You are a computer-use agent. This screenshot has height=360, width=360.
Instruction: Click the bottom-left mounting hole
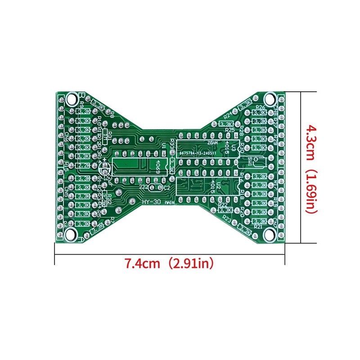point(71,234)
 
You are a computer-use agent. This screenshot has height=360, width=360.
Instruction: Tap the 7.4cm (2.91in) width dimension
point(169,263)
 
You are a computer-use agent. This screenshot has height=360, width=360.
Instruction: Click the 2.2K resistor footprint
point(83,166)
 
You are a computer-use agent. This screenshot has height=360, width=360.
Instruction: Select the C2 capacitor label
point(166,187)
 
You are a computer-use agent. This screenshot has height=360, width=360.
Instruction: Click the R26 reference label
point(260,107)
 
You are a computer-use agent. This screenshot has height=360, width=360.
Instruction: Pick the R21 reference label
point(258,227)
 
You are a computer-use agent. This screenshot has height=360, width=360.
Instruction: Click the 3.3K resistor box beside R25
point(227,124)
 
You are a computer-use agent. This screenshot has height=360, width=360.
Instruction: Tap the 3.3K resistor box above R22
point(225,210)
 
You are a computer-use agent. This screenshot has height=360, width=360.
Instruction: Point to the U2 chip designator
point(218,185)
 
